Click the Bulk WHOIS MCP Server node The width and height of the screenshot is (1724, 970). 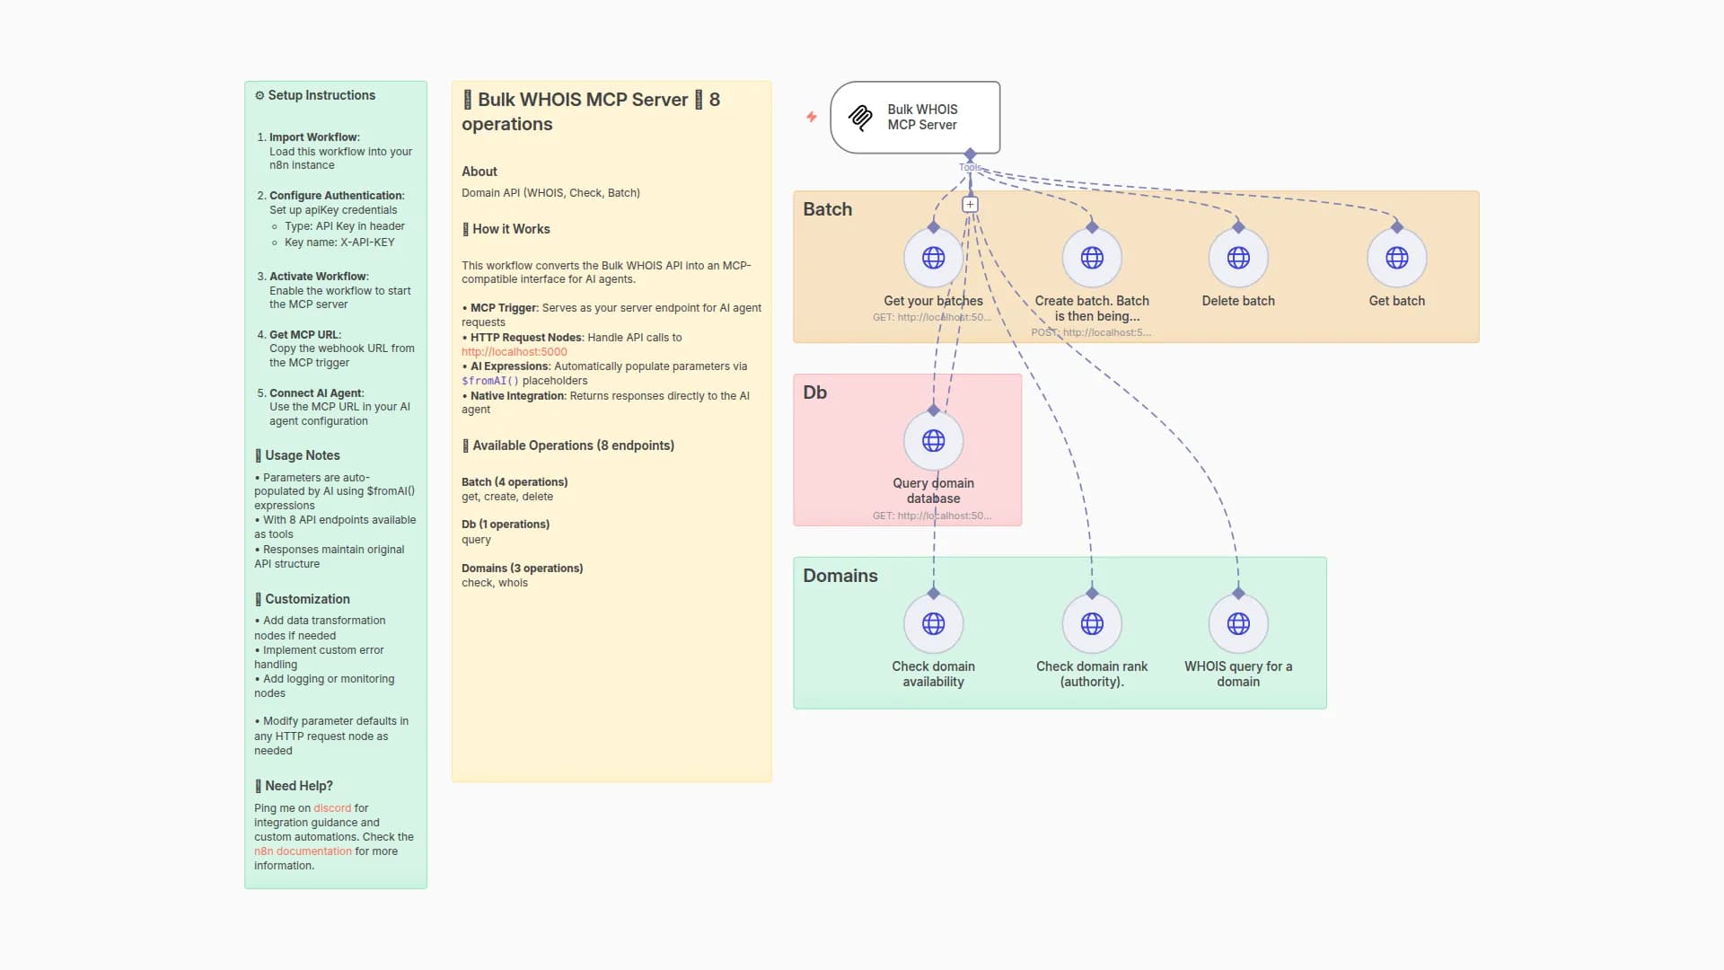[914, 118]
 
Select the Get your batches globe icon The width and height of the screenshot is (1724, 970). [933, 258]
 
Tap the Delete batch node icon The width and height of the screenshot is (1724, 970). [1237, 258]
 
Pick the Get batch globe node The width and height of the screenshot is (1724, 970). [1396, 258]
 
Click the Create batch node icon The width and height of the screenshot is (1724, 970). [1091, 258]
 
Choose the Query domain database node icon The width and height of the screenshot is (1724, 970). [933, 441]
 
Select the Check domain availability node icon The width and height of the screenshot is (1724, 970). [933, 623]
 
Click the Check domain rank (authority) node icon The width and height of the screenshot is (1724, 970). [1091, 623]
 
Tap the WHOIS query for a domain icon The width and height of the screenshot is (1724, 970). [1237, 623]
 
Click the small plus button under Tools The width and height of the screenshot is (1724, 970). [970, 205]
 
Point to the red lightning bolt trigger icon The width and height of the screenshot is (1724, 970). [811, 117]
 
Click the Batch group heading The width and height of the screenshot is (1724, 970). [827, 209]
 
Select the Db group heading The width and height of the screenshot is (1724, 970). [814, 392]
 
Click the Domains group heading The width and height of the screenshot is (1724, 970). [840, 576]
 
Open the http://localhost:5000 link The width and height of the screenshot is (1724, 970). [514, 352]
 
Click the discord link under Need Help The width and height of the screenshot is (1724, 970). [331, 808]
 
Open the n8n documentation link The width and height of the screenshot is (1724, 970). [303, 851]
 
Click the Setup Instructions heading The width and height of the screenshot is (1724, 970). [321, 95]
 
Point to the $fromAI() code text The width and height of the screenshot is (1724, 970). [489, 381]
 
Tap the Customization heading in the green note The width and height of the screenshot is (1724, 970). [306, 599]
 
